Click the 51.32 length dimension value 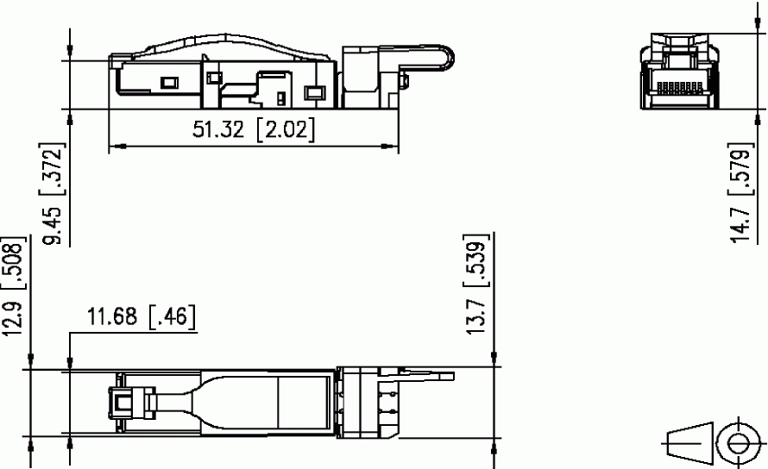click(217, 129)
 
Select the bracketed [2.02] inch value click(286, 129)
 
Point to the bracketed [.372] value click(52, 169)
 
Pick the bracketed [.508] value click(12, 265)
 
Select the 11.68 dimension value click(112, 316)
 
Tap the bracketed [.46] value click(172, 316)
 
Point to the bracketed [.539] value click(476, 261)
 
